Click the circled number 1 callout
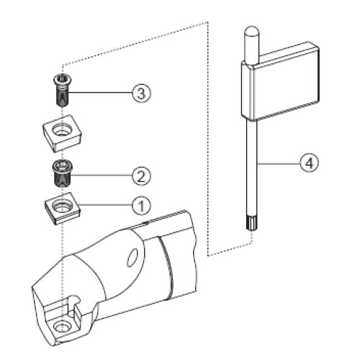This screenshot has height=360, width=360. tap(141, 205)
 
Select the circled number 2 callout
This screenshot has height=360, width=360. tap(141, 176)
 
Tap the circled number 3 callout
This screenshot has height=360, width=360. tap(141, 93)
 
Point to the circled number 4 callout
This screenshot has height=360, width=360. tap(310, 163)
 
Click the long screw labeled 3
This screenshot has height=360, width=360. tap(63, 90)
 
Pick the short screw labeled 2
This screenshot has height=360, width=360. tap(62, 174)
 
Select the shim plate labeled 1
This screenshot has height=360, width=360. tap(62, 208)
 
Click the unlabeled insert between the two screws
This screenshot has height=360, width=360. tap(62, 133)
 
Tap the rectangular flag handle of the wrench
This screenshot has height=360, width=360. tap(280, 81)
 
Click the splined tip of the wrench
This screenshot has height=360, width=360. tap(251, 223)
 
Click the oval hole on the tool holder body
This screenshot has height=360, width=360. tap(132, 258)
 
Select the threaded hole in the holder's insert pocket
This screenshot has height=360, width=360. tap(62, 327)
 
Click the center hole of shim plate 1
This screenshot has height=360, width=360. tap(62, 206)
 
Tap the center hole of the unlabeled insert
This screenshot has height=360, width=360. tap(62, 130)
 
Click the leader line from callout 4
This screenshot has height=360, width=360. tap(279, 163)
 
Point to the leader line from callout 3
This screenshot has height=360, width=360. tap(100, 93)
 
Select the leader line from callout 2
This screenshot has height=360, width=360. tap(102, 176)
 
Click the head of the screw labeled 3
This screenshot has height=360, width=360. tap(63, 79)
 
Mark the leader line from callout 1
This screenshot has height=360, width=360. tap(105, 204)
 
